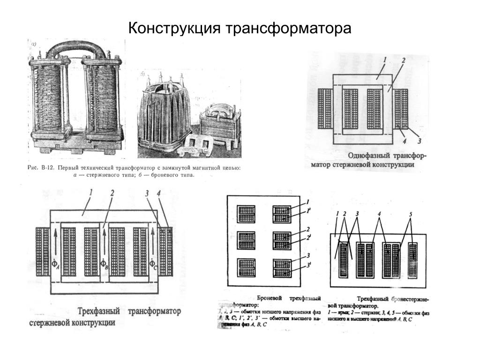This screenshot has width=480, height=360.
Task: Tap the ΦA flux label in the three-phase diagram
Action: click(x=56, y=265)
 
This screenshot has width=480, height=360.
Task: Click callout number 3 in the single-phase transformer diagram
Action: click(x=420, y=140)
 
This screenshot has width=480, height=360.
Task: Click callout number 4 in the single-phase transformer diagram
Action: click(x=404, y=140)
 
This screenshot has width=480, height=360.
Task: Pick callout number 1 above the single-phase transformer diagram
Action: click(x=384, y=60)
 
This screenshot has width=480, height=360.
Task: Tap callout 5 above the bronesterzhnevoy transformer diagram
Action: click(x=410, y=215)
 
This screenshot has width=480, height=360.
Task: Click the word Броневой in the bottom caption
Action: click(x=270, y=298)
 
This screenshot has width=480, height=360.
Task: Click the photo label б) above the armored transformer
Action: click(x=142, y=74)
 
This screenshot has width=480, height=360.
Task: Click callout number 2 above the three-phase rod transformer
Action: click(x=112, y=193)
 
